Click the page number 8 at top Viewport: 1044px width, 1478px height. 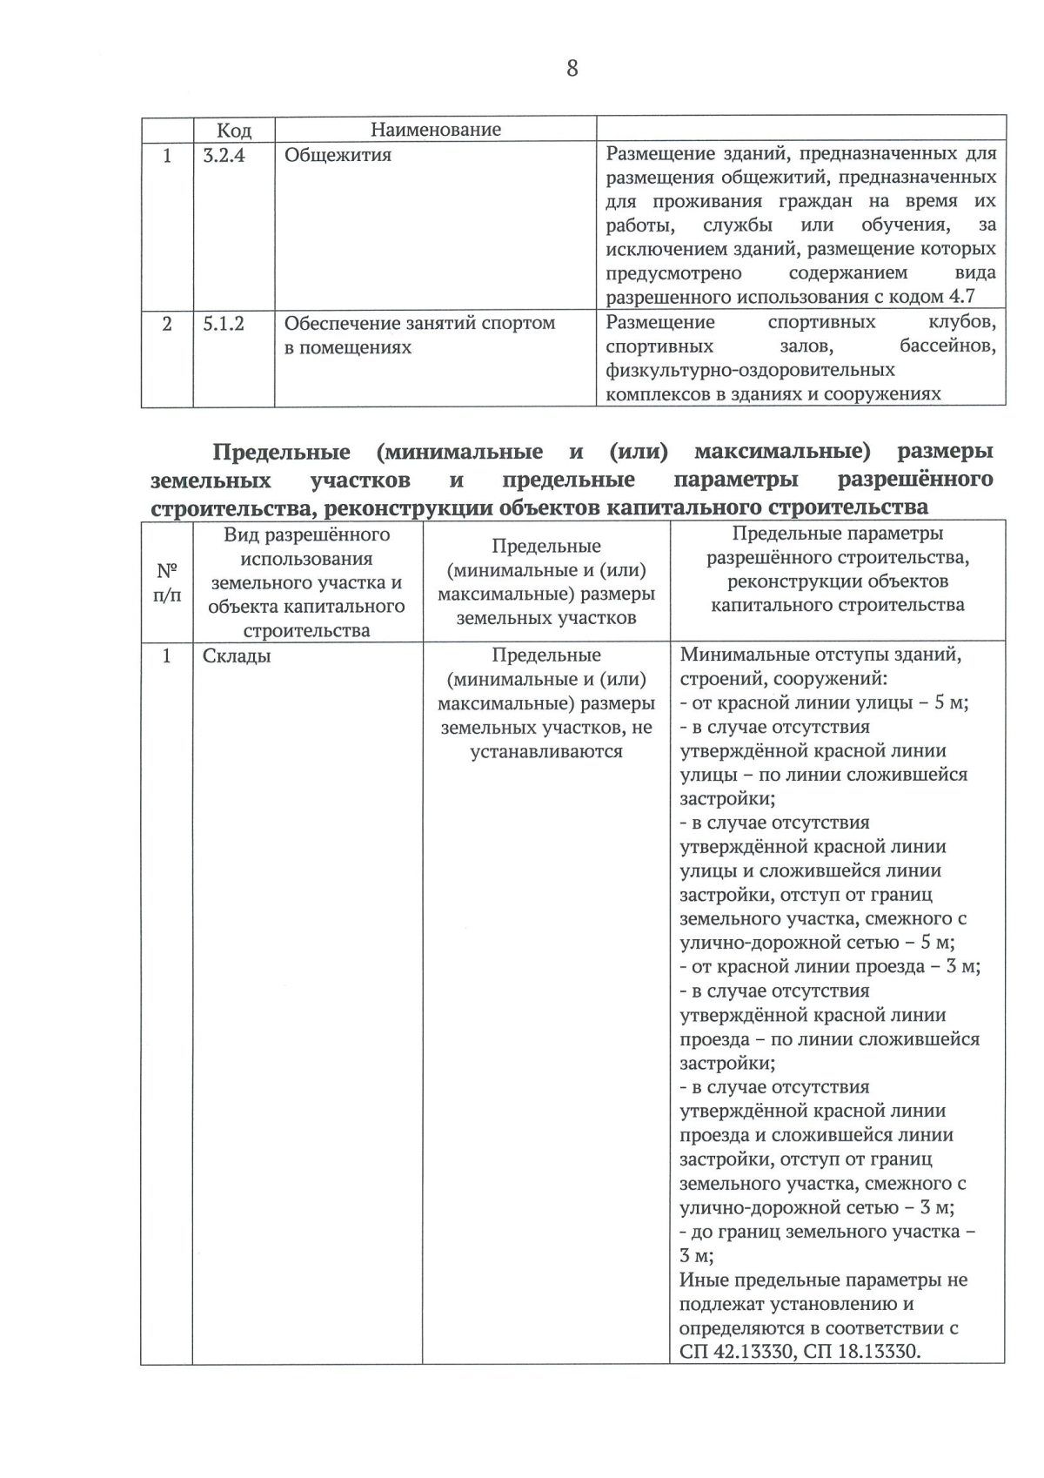click(x=572, y=68)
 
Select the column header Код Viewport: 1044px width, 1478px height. click(x=233, y=131)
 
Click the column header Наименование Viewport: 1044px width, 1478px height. click(x=435, y=130)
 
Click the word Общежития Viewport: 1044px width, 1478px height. click(x=338, y=155)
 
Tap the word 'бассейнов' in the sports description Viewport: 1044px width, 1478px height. click(x=947, y=346)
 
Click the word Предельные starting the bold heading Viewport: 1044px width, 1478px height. click(x=281, y=452)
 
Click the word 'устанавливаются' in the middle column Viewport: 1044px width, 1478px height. click(x=546, y=751)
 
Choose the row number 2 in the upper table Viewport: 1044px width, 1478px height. click(x=167, y=324)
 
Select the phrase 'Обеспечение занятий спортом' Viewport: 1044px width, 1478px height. click(x=419, y=323)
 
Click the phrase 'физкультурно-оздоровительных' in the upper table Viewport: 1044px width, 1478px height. click(x=750, y=371)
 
